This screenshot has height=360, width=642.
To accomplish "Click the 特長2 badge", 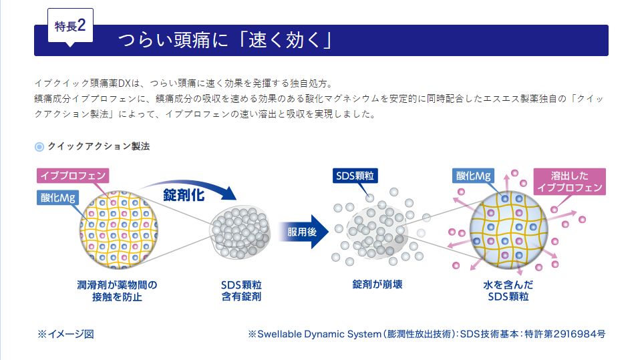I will click(x=69, y=27).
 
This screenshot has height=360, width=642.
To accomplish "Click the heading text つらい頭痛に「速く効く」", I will click(x=225, y=41).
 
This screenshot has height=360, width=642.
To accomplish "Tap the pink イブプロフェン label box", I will click(x=73, y=176).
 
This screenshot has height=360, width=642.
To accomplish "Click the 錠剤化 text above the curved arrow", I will click(x=184, y=195).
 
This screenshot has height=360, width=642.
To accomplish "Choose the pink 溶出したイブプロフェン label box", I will click(x=569, y=182).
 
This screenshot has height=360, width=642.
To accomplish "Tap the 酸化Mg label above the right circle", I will click(x=474, y=176).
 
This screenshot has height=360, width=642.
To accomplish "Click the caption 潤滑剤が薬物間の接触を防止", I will click(x=118, y=291).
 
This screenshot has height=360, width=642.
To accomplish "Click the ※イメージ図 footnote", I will click(x=65, y=333).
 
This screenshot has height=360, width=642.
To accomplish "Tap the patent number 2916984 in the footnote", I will click(x=571, y=333).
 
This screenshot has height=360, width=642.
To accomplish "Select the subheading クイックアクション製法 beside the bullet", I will click(x=98, y=146).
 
